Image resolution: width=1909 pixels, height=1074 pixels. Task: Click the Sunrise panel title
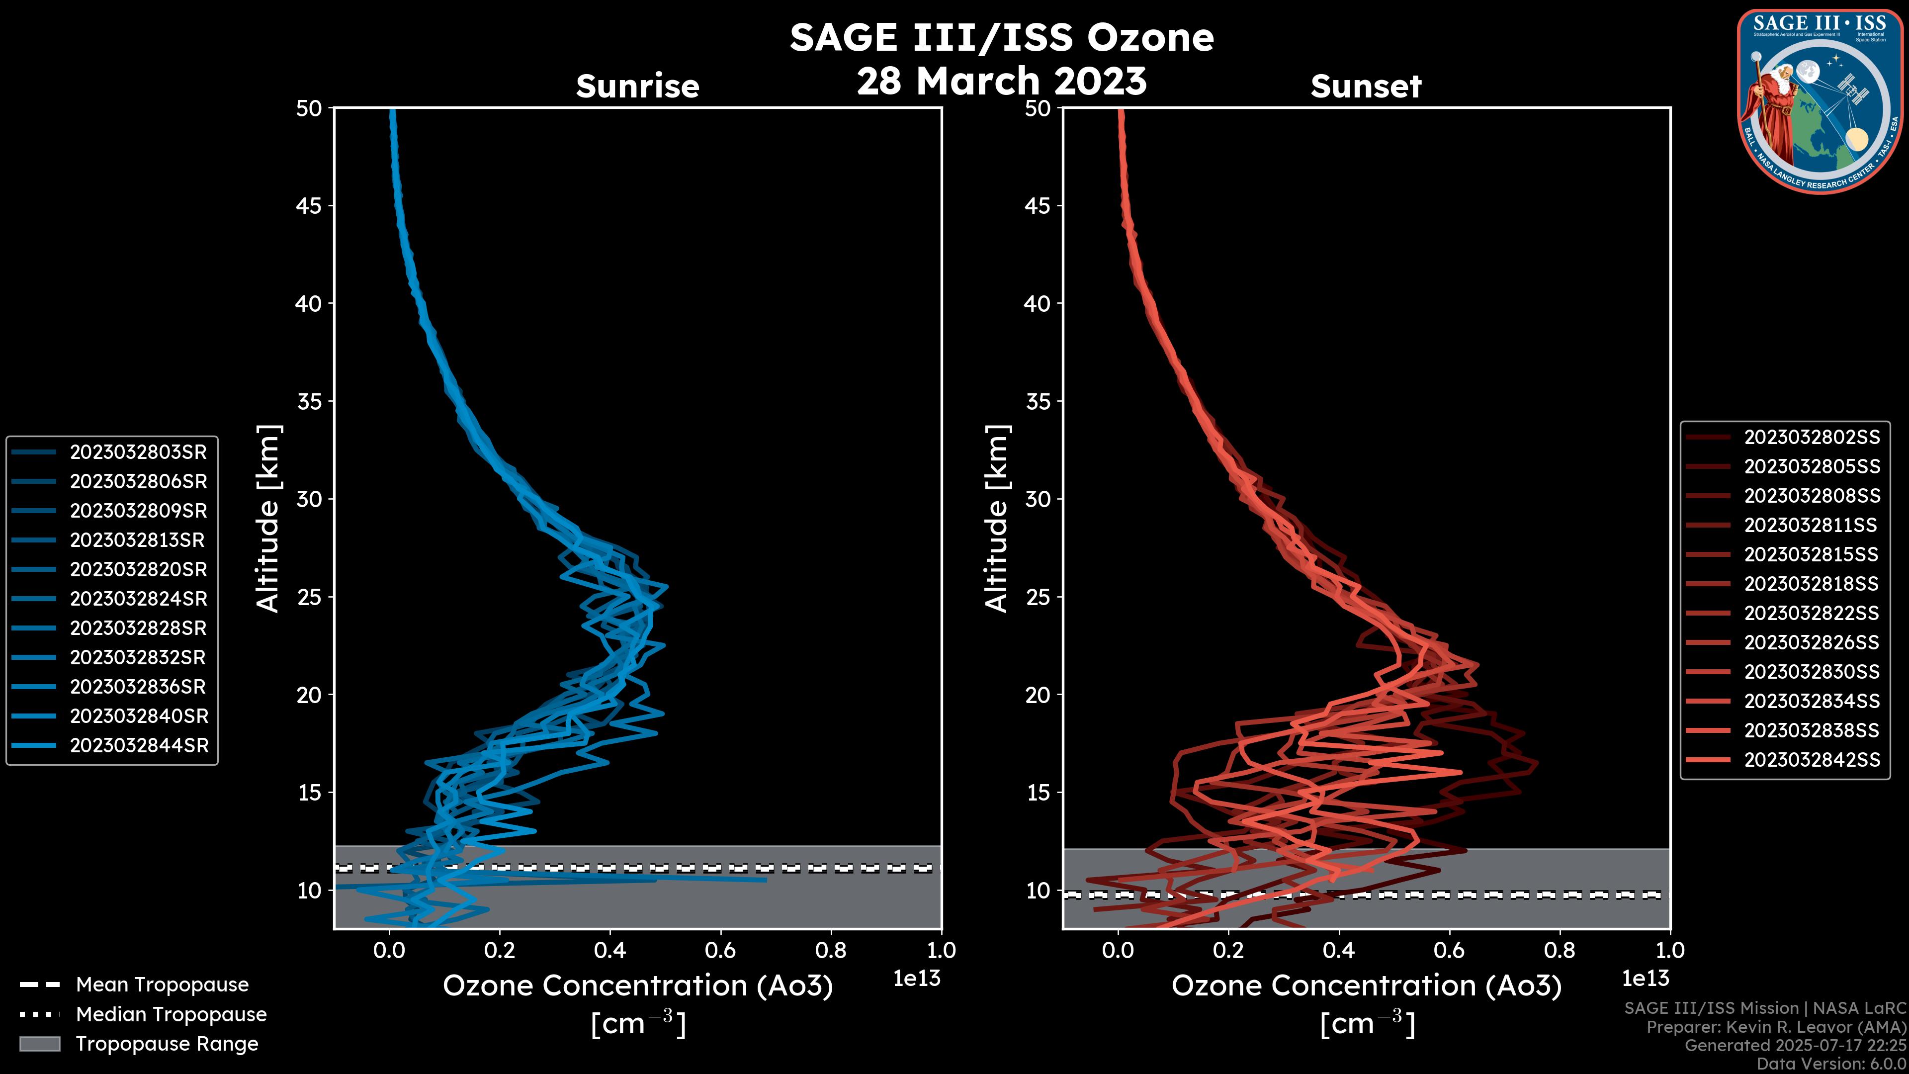pos(637,86)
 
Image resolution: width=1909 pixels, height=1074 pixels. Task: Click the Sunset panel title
pos(1366,86)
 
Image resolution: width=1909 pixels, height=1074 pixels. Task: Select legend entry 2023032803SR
pos(138,452)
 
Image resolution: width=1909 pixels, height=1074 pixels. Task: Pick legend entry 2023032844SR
pos(139,746)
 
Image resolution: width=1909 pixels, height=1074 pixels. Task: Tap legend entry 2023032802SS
pos(1811,438)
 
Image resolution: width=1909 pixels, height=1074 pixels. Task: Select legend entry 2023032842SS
pos(1811,760)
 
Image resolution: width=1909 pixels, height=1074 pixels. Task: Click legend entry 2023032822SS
pos(1811,613)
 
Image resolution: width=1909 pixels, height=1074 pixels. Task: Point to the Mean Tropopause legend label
pos(162,984)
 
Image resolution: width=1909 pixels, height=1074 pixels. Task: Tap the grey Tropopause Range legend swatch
pos(39,1044)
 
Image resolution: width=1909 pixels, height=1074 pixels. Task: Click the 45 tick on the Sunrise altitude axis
pos(309,206)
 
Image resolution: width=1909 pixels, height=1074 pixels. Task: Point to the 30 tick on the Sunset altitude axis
pos(1038,499)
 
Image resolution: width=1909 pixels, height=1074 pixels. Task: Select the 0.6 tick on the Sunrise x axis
pos(720,950)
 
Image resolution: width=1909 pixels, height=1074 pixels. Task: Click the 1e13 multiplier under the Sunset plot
pos(1645,979)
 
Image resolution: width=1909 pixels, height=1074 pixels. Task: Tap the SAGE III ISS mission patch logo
pos(1820,101)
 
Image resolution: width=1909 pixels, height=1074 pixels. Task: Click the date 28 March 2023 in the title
pos(1001,81)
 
